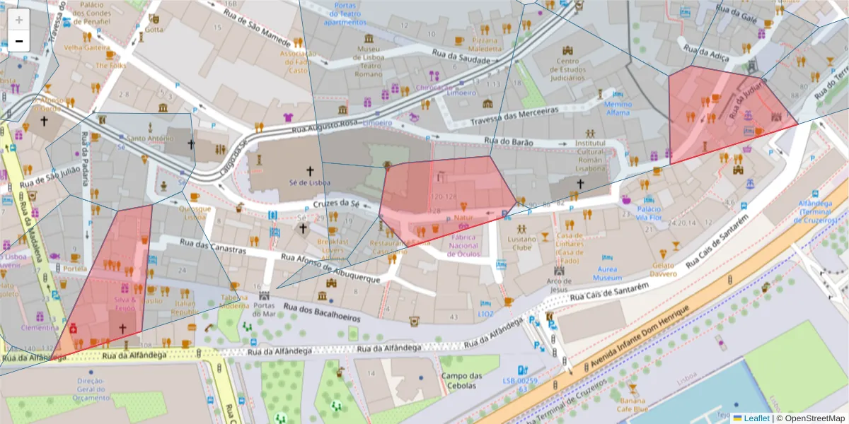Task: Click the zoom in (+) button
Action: click(x=18, y=20)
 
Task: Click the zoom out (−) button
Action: click(x=18, y=41)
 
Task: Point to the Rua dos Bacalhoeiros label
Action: click(x=322, y=312)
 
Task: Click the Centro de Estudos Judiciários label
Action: click(x=567, y=69)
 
